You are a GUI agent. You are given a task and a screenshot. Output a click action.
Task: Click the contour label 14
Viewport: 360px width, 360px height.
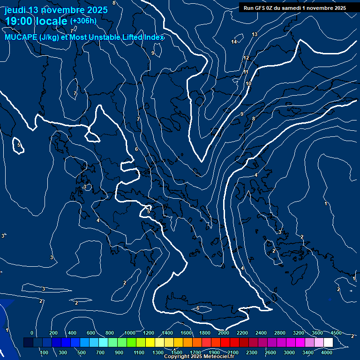coord(234,42)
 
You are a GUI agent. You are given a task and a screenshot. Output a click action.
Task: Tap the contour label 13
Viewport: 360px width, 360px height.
coord(255,35)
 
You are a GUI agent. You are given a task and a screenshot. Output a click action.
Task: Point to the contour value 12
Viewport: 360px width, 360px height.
coord(246,58)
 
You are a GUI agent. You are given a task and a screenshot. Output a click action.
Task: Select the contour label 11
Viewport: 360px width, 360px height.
coord(246,72)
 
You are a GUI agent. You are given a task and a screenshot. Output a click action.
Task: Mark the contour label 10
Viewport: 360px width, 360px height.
coord(248,84)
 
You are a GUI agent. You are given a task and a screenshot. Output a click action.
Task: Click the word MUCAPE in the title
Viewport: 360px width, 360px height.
coord(21,37)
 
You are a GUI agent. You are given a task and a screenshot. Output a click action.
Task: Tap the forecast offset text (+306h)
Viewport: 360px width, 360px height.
coord(83,21)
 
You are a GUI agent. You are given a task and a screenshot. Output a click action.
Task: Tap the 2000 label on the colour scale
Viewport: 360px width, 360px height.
coord(223,333)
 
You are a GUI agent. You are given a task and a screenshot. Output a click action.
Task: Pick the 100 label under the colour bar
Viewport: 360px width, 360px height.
coord(44,352)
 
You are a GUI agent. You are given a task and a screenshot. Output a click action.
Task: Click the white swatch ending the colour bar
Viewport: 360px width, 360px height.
coord(328,343)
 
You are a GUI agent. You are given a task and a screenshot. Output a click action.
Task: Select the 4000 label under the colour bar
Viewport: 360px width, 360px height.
coord(327,352)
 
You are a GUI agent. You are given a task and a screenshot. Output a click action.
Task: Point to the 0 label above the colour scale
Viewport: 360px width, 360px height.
coord(31,333)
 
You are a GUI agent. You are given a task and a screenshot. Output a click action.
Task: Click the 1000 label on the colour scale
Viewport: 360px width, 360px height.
coord(129,333)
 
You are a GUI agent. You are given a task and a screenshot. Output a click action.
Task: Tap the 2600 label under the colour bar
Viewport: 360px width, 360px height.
coord(270,352)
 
